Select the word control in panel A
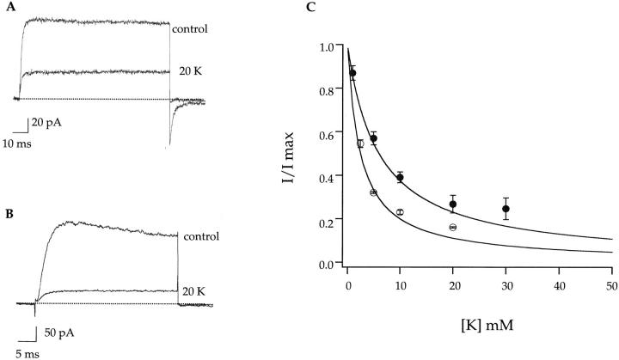click(x=191, y=29)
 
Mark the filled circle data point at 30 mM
click(x=506, y=209)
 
